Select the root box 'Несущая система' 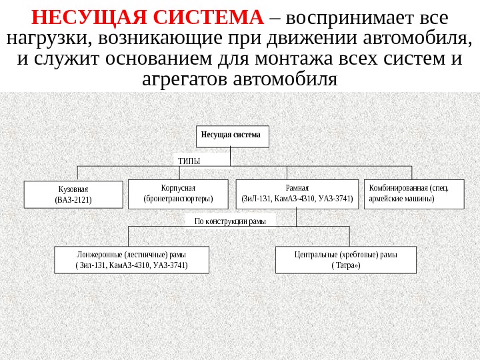click(x=232, y=135)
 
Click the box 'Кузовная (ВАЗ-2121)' click(x=73, y=194)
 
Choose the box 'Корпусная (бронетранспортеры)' click(x=177, y=193)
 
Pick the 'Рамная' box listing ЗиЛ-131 click(x=297, y=193)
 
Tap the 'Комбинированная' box click(x=413, y=193)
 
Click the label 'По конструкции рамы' click(x=230, y=221)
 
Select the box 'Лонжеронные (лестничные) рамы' click(x=131, y=260)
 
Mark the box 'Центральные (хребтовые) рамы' click(x=345, y=260)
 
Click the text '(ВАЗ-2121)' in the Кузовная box click(x=73, y=199)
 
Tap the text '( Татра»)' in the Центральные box click(x=345, y=265)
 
